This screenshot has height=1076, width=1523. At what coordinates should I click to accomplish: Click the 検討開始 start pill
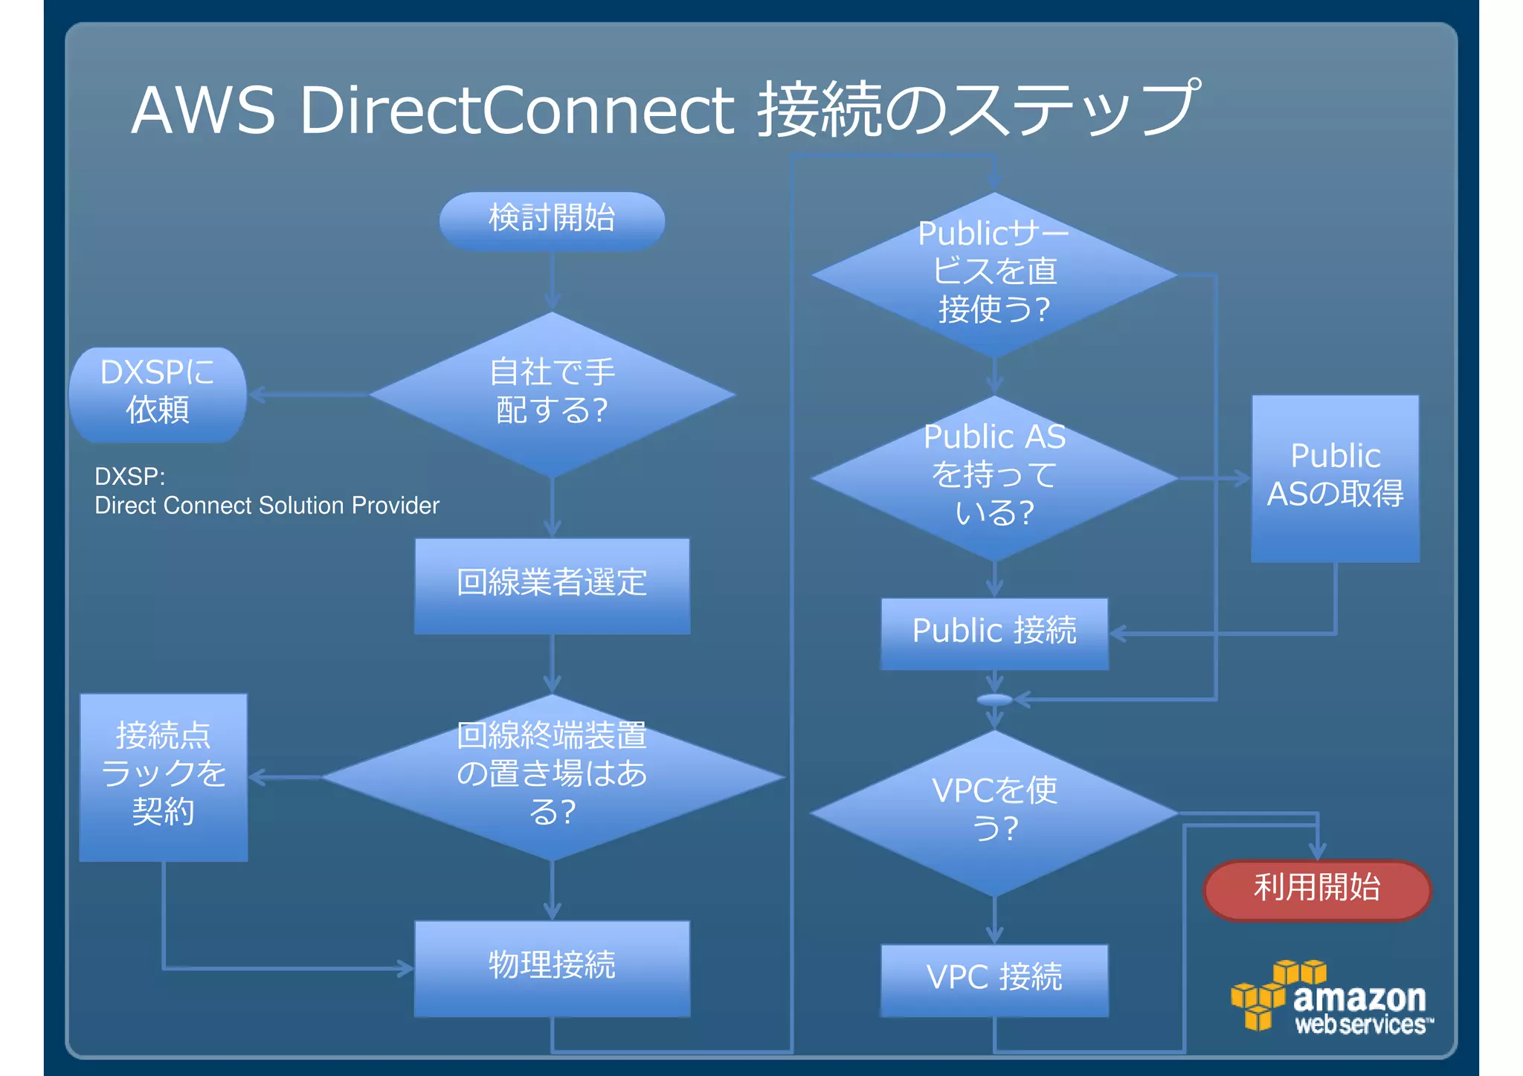pyautogui.click(x=552, y=220)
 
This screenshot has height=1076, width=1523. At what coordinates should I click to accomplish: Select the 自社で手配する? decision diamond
pyautogui.click(x=552, y=393)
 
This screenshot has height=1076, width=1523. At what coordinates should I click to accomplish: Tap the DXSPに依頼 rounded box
pyautogui.click(x=158, y=394)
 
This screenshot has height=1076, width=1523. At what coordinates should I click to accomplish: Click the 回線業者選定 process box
pyautogui.click(x=552, y=585)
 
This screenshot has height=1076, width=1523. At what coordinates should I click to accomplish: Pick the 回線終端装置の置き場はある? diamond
pyautogui.click(x=552, y=776)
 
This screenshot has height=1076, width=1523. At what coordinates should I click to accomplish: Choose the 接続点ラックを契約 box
pyautogui.click(x=164, y=776)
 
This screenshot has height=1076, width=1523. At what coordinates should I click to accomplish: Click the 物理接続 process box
pyautogui.click(x=552, y=967)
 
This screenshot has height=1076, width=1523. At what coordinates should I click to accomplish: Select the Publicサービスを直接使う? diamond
pyautogui.click(x=994, y=274)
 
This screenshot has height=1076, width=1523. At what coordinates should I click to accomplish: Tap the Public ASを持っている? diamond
pyautogui.click(x=994, y=477)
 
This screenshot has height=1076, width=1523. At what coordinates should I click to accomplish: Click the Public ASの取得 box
pyautogui.click(x=1335, y=477)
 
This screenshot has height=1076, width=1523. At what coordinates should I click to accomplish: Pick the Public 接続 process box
pyautogui.click(x=994, y=633)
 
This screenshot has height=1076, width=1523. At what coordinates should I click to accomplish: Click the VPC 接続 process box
pyautogui.click(x=994, y=979)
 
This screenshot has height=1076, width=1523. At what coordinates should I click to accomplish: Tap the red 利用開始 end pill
pyautogui.click(x=1317, y=889)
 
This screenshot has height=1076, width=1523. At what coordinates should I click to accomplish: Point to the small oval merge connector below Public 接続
pyautogui.click(x=994, y=700)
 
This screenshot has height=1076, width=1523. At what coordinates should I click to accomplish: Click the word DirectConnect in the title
pyautogui.click(x=518, y=110)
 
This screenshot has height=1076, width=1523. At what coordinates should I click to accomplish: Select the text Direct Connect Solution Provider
pyautogui.click(x=267, y=506)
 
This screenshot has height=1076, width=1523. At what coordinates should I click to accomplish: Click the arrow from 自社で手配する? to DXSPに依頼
pyautogui.click(x=309, y=394)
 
